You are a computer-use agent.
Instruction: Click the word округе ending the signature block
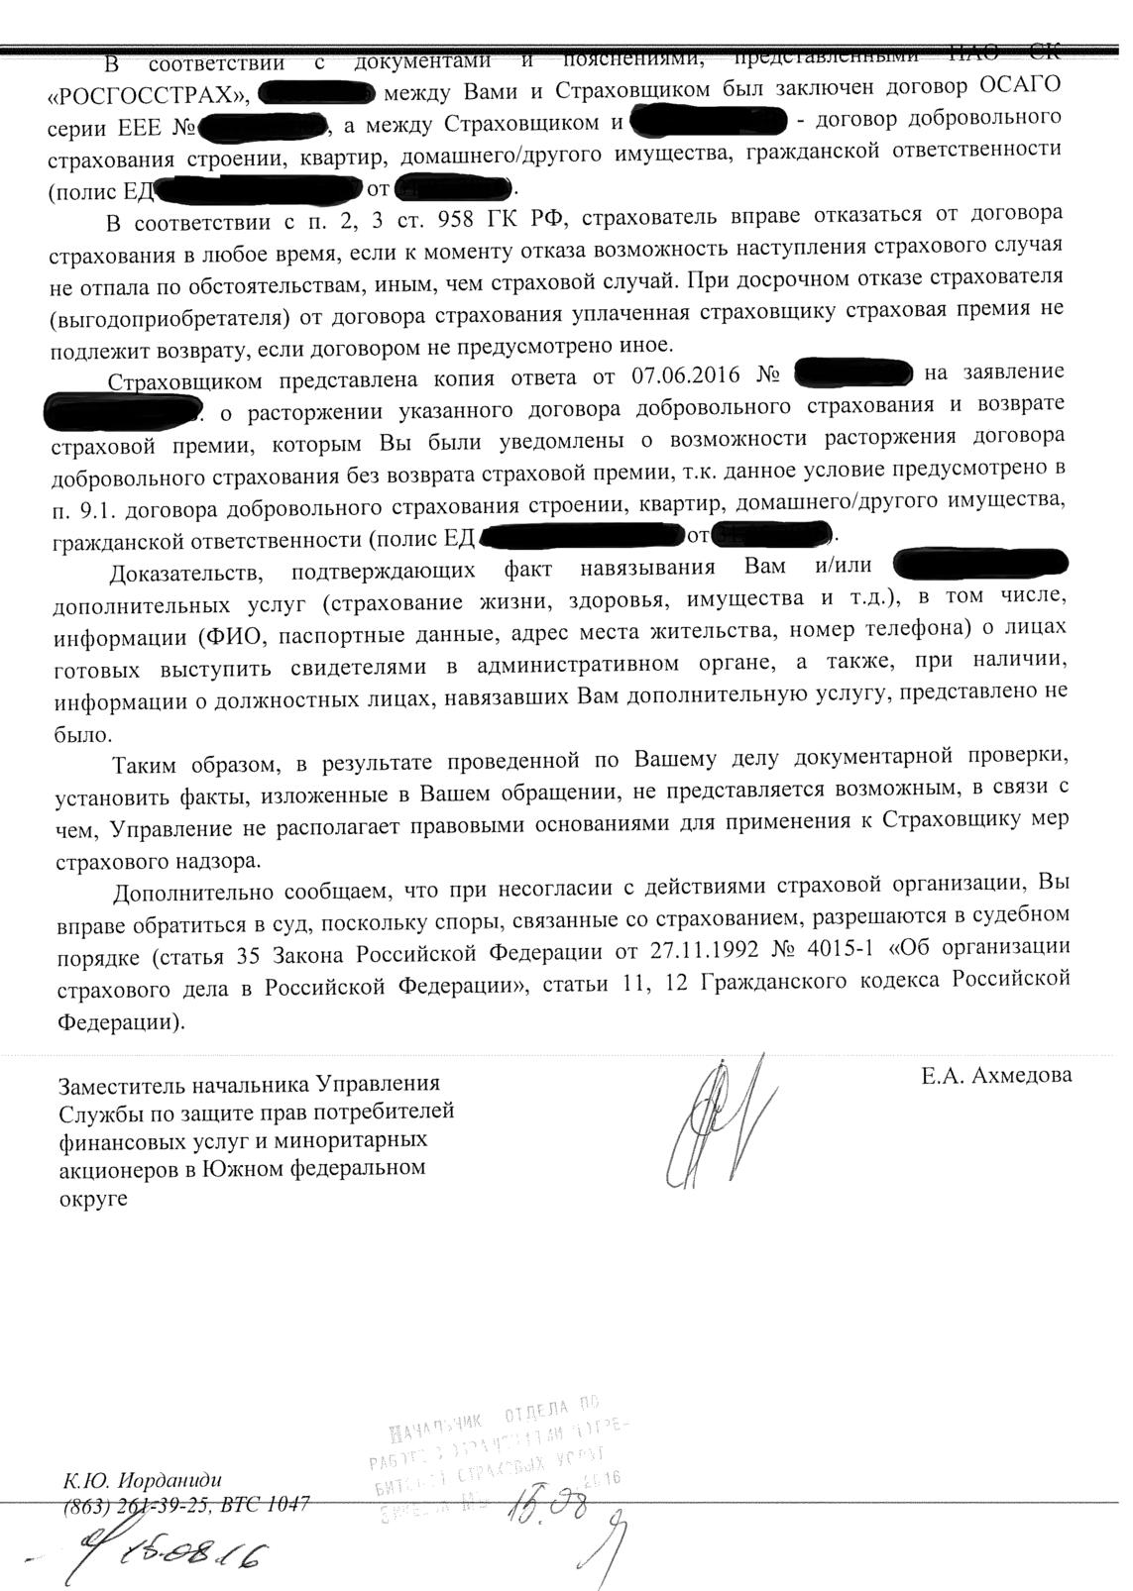94,1197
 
